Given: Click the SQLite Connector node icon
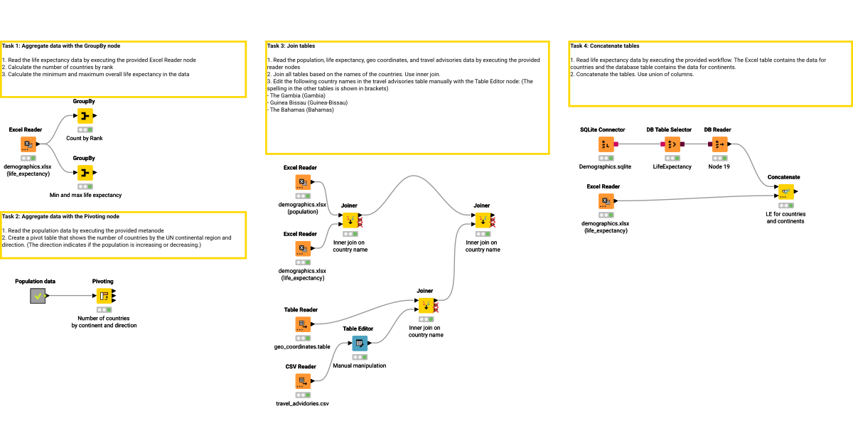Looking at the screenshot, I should click(x=606, y=144).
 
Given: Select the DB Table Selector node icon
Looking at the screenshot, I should click(x=672, y=144).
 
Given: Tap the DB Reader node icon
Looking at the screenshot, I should click(x=720, y=144).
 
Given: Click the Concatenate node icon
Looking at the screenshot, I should click(x=785, y=191).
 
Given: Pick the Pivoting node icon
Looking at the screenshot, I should click(x=104, y=296).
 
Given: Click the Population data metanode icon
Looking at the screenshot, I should click(x=38, y=296).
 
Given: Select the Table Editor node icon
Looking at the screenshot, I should click(x=360, y=343).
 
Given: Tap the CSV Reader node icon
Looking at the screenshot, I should click(x=304, y=381).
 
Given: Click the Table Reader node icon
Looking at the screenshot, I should click(x=304, y=324).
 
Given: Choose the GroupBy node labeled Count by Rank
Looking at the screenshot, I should click(x=85, y=116).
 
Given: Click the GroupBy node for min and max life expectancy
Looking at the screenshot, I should click(x=85, y=173).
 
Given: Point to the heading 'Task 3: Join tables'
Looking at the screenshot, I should click(x=291, y=46).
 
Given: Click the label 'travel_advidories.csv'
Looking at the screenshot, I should click(x=303, y=403).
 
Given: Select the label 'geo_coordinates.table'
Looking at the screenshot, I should click(x=303, y=346).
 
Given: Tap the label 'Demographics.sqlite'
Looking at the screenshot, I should click(x=606, y=166).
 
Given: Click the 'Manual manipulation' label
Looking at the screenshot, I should click(x=360, y=366).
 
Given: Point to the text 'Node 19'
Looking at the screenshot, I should click(x=719, y=166).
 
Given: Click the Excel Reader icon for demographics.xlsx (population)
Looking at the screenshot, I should click(x=304, y=182).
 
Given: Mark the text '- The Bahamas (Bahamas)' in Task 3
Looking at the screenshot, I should click(x=301, y=110).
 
